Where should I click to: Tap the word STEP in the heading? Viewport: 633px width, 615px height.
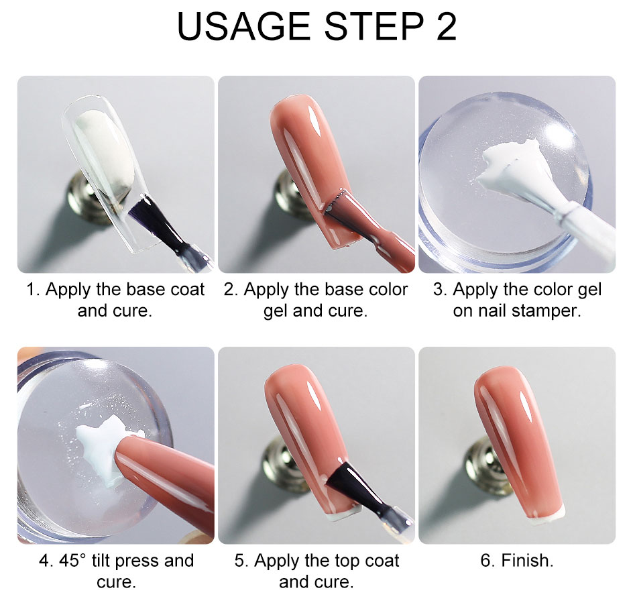pos(373,26)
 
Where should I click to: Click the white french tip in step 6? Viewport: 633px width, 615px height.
pos(546,518)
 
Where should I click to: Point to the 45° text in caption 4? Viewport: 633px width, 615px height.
pos(72,561)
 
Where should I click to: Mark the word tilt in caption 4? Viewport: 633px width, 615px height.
pos(100,561)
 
